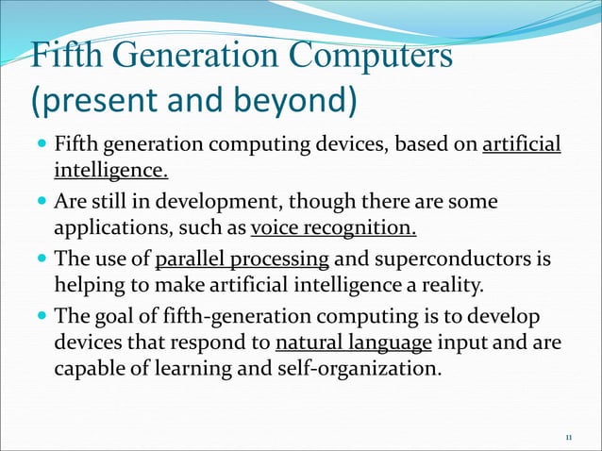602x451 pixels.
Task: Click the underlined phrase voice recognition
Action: pyautogui.click(x=333, y=230)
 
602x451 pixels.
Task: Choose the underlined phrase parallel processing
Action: pyautogui.click(x=242, y=259)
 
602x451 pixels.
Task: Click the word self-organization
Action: pyautogui.click(x=366, y=368)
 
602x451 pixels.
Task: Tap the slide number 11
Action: pyautogui.click(x=568, y=438)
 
